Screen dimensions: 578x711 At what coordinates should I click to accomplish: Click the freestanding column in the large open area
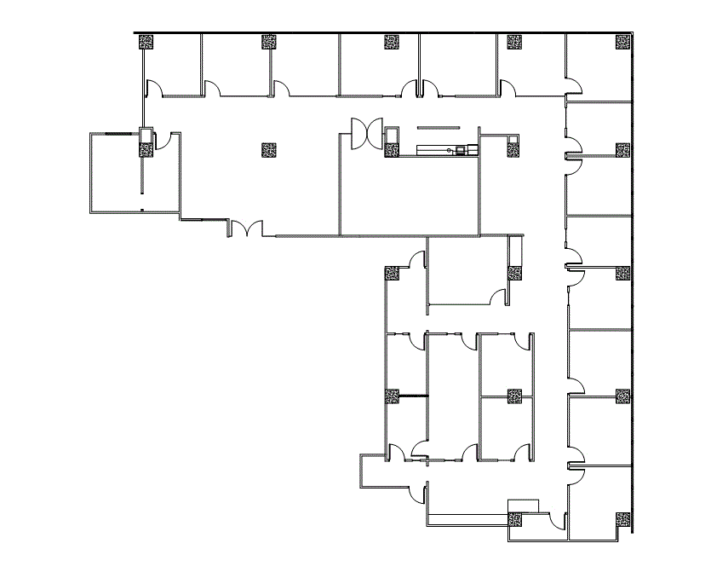click(x=269, y=151)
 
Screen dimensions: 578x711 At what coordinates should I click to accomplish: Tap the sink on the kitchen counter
click(x=461, y=151)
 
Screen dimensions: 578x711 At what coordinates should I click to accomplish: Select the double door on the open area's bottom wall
click(x=246, y=228)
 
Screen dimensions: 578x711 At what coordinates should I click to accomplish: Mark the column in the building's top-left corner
click(x=146, y=42)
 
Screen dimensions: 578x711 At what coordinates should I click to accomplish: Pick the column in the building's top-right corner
click(x=623, y=42)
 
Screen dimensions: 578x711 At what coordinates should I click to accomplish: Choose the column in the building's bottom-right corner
click(x=623, y=518)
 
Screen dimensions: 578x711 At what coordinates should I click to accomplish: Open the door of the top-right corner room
click(x=576, y=84)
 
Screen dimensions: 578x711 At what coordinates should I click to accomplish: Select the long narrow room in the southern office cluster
click(x=451, y=392)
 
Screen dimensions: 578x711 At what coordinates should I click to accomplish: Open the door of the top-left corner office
click(x=155, y=88)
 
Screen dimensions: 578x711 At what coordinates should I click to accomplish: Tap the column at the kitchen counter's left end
click(x=392, y=151)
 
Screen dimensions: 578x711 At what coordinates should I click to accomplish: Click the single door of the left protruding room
click(x=172, y=140)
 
